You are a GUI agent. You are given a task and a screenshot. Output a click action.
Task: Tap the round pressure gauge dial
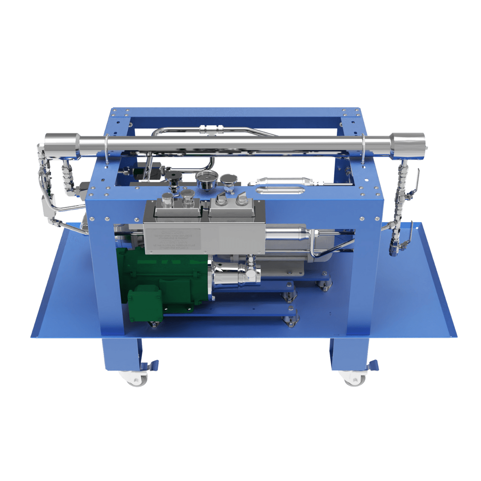[x=206, y=181]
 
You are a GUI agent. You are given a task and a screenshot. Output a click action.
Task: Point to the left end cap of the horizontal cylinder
[x=61, y=145]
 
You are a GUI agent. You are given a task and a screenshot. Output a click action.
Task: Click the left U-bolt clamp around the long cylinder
[x=107, y=148]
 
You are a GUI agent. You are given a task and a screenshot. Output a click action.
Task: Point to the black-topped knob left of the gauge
[x=173, y=178]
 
